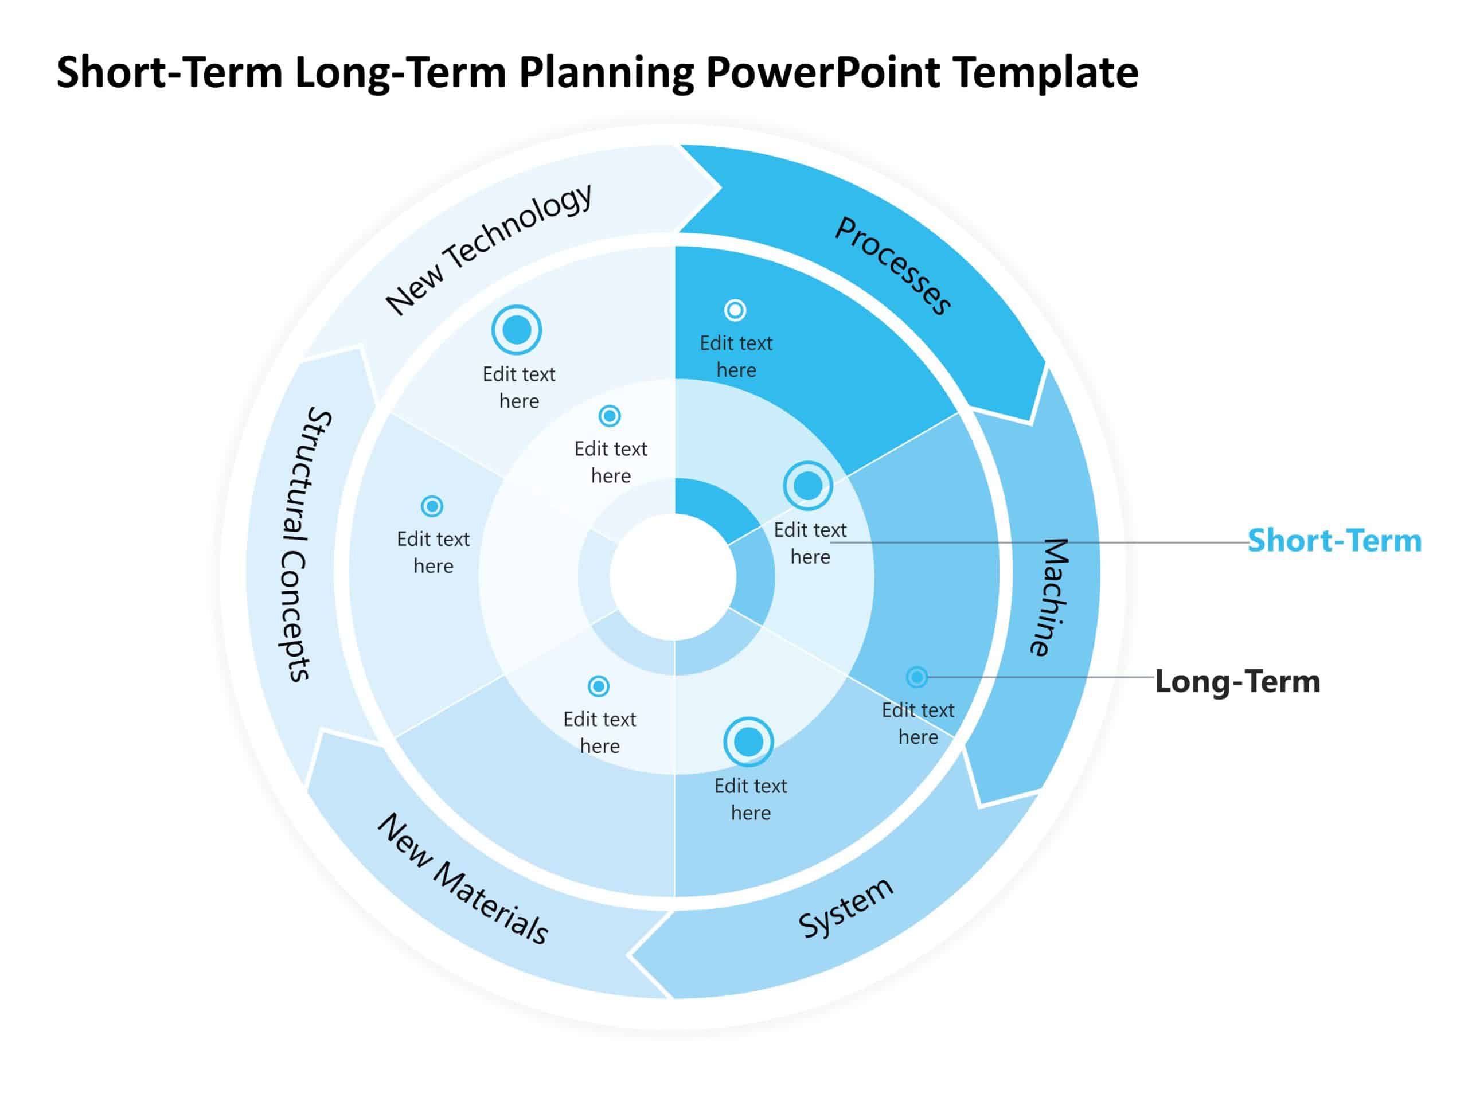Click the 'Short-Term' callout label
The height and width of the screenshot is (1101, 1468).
point(1334,540)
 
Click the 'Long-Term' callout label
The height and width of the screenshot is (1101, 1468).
point(1237,681)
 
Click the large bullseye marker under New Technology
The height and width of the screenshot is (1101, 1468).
point(516,330)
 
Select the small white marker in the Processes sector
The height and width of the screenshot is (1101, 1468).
point(735,310)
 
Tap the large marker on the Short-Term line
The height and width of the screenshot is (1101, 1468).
point(807,486)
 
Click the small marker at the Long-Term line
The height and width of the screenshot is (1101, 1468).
point(916,677)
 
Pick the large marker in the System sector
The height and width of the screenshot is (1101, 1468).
point(748,742)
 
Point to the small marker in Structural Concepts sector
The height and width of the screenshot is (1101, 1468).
point(432,506)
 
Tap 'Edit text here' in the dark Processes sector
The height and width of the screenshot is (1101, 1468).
point(736,356)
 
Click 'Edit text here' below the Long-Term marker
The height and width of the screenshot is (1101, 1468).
point(918,723)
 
